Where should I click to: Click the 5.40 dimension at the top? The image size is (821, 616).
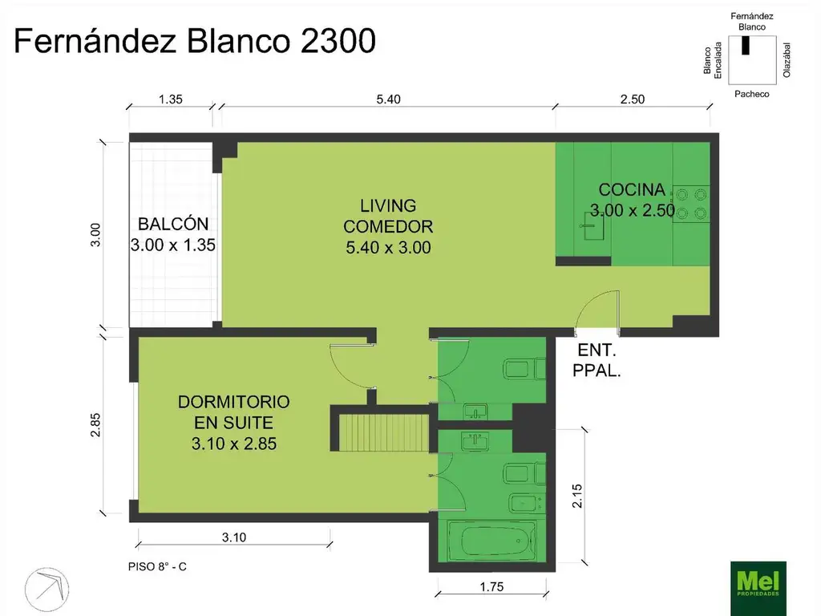(x=387, y=99)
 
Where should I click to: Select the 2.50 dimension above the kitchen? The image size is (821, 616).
(x=632, y=99)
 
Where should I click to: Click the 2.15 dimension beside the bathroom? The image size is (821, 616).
(x=576, y=496)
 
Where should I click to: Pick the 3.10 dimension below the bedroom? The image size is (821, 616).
(x=233, y=538)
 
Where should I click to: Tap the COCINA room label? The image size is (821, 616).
(x=633, y=190)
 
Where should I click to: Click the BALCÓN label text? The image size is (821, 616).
(x=173, y=224)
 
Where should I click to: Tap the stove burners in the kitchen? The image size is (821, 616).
(x=692, y=203)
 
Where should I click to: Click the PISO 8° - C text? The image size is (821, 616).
(x=157, y=566)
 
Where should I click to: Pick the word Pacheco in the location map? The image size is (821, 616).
(x=751, y=94)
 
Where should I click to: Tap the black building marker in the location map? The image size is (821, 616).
(x=746, y=47)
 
